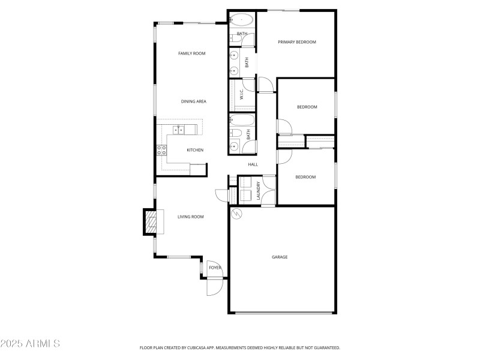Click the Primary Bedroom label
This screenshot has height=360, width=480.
[x=296, y=42]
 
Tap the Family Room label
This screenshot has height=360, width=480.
[x=191, y=53]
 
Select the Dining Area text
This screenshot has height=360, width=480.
[x=194, y=101]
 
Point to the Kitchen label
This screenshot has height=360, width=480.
[x=195, y=150]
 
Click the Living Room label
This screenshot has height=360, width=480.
[x=190, y=217]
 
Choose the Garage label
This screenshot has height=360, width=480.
[x=280, y=257]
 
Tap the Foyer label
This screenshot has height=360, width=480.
[x=215, y=268]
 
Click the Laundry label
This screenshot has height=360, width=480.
[x=259, y=191]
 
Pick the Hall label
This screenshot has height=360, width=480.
[x=253, y=164]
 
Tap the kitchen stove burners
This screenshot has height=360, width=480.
[x=161, y=150]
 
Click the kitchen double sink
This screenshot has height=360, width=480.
[x=178, y=130]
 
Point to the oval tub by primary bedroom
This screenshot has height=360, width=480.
[x=241, y=20]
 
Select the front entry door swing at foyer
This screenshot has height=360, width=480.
[x=214, y=286]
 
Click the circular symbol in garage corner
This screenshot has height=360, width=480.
[x=235, y=213]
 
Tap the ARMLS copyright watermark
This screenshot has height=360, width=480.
[x=30, y=344]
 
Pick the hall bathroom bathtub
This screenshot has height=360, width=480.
[x=242, y=119]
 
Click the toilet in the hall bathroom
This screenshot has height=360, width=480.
[x=236, y=133]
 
